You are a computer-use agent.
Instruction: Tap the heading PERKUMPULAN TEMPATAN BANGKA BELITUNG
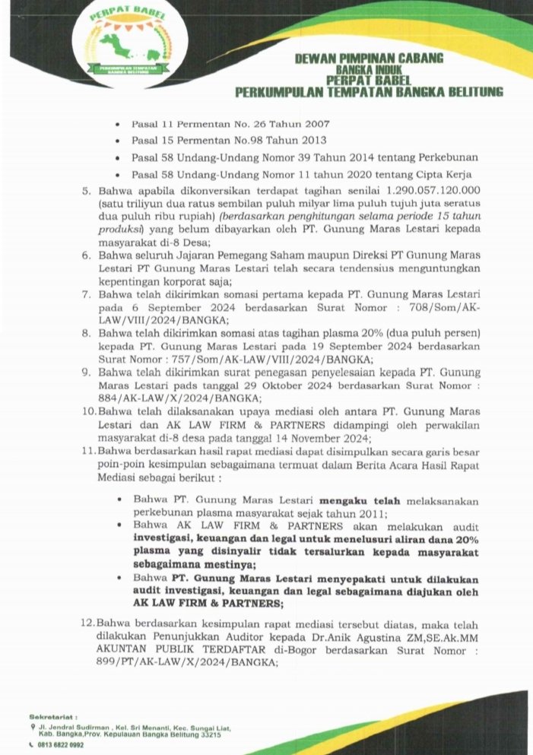coord(370,93)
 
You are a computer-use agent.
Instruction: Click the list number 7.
coord(87,293)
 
